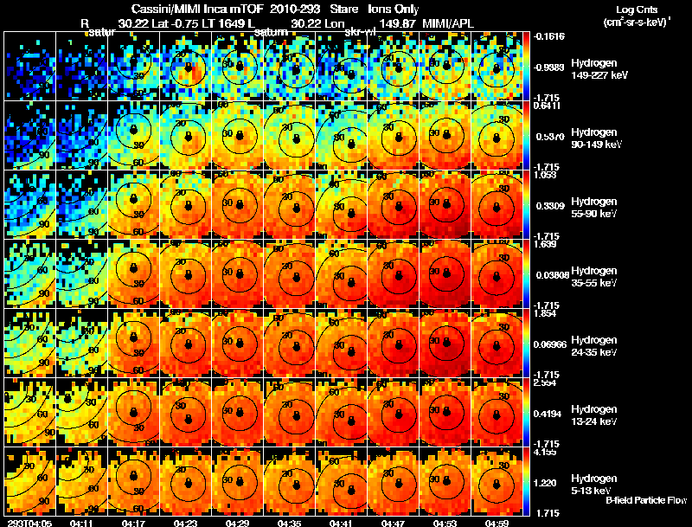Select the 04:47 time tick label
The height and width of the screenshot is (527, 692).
(x=394, y=523)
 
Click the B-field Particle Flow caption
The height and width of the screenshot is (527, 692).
(x=645, y=499)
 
